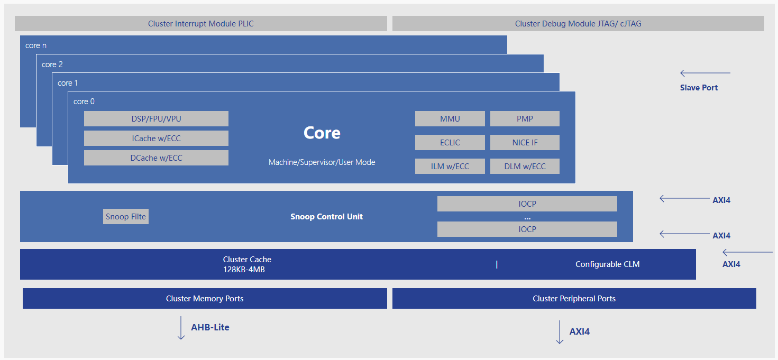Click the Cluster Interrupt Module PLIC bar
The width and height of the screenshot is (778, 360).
click(201, 24)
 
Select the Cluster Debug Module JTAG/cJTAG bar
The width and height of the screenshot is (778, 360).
click(578, 24)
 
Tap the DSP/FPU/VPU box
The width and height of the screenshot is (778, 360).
click(156, 119)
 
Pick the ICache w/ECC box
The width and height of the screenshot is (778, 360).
click(156, 139)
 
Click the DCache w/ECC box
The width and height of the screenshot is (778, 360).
click(156, 158)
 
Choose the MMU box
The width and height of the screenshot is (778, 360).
click(450, 119)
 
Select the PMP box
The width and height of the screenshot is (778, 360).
click(525, 119)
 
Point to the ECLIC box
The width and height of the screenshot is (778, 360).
click(450, 143)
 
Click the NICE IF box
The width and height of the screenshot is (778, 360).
click(525, 143)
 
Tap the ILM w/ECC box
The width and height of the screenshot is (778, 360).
click(450, 167)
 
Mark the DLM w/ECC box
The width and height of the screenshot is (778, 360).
click(525, 167)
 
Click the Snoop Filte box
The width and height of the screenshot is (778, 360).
click(126, 217)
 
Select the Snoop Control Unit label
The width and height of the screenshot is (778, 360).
click(326, 217)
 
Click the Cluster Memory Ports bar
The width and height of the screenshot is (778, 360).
click(205, 299)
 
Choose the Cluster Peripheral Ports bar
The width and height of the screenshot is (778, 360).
click(574, 299)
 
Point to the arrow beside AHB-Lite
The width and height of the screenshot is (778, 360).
click(181, 328)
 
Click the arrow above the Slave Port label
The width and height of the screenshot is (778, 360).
click(705, 73)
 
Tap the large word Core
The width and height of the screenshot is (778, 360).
click(322, 133)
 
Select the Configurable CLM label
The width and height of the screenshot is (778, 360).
click(607, 264)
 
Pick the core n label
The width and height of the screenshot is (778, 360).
click(36, 45)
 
